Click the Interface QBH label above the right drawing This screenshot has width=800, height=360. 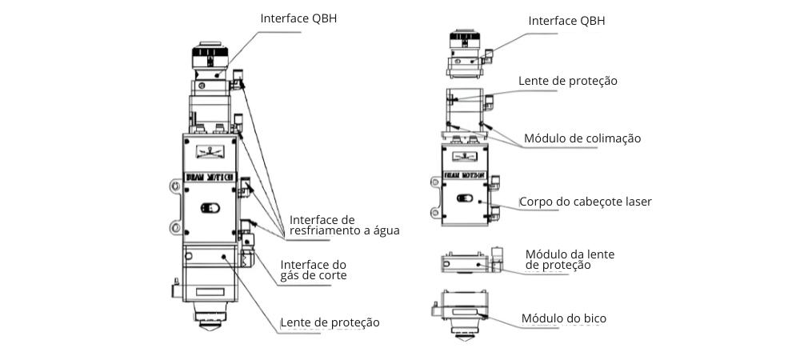566,21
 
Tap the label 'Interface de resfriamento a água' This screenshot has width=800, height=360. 344,225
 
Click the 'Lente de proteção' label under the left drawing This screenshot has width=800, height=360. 330,322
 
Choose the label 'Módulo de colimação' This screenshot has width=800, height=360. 582,138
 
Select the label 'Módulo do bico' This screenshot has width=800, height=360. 564,318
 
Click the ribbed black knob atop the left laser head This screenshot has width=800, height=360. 210,56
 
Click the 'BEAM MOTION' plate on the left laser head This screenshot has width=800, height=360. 209,174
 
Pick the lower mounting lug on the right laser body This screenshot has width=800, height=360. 435,213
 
